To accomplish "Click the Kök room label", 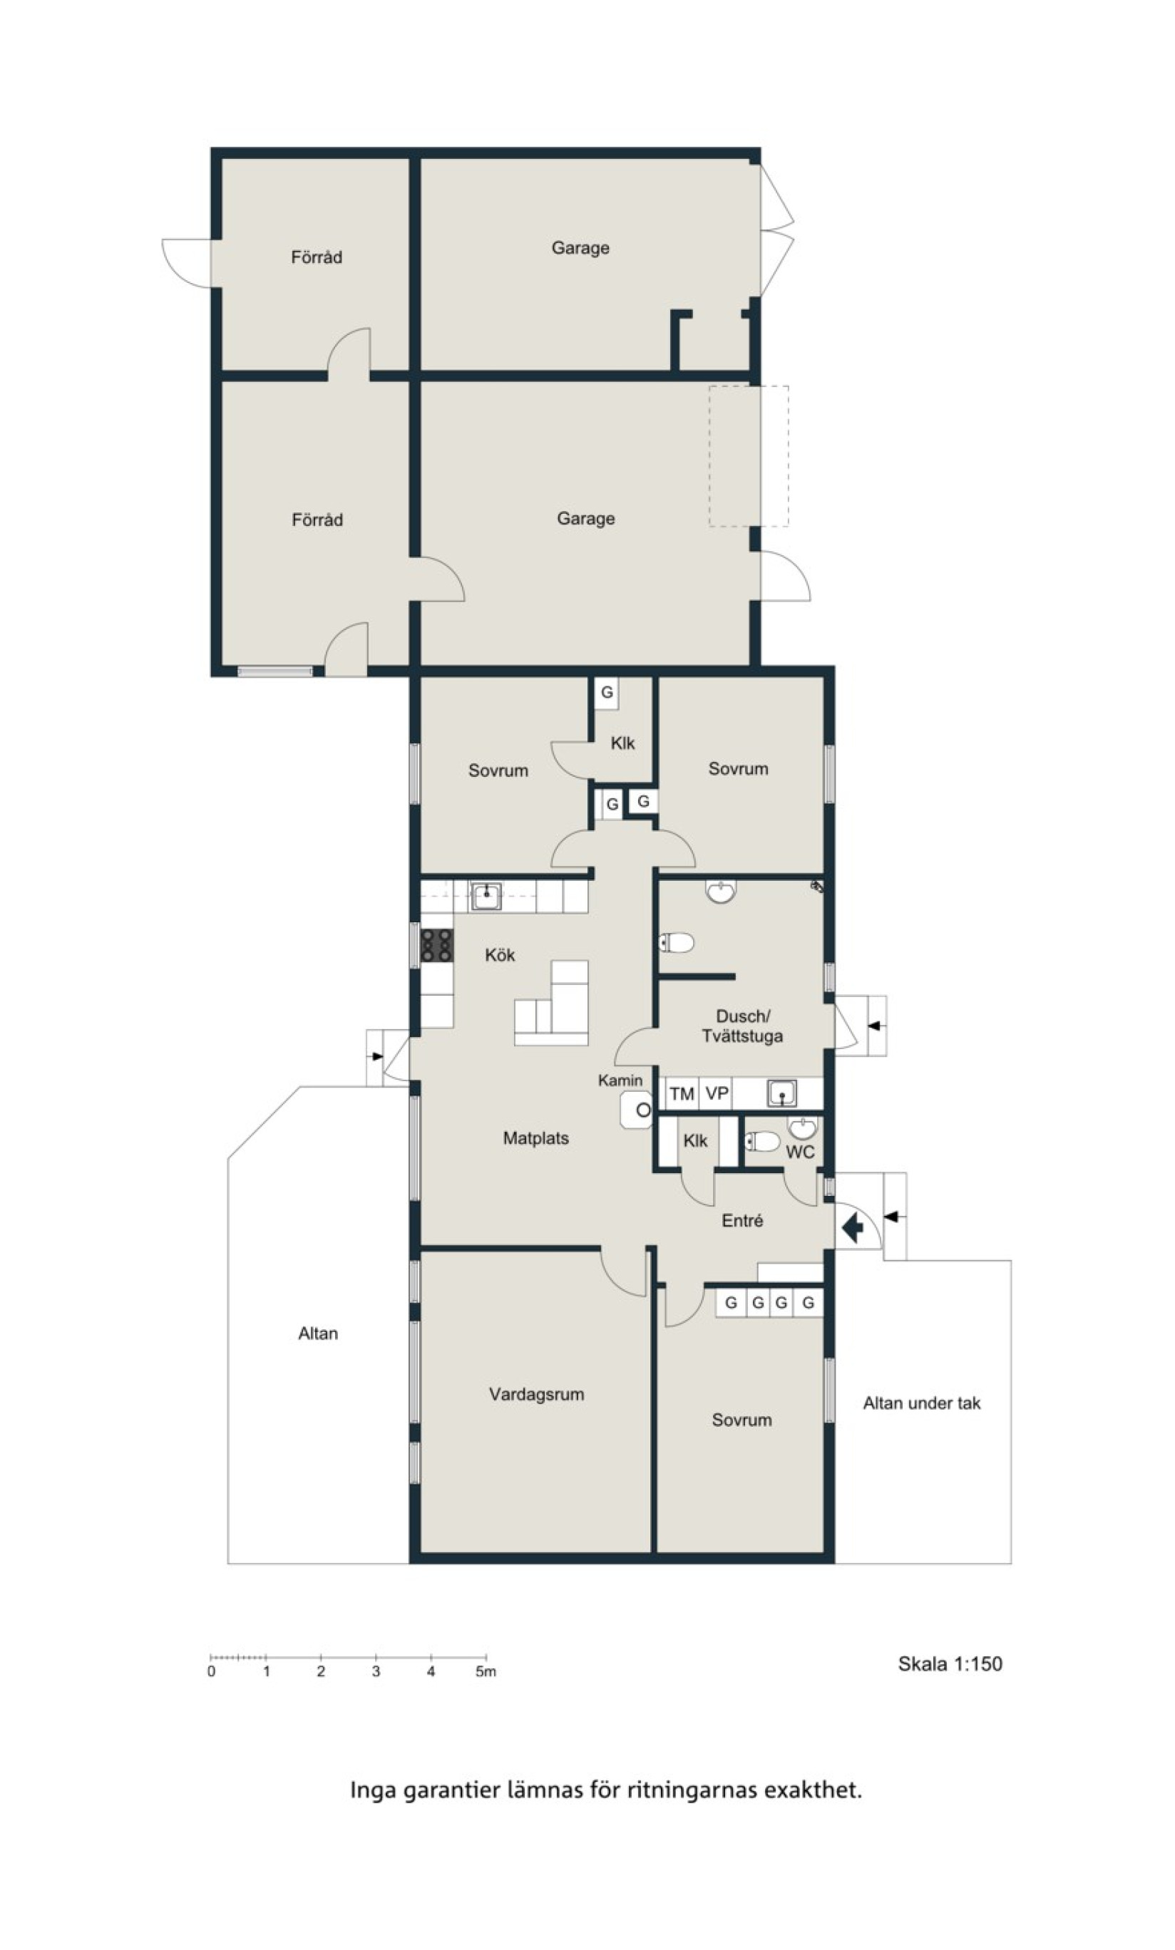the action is click(x=500, y=955).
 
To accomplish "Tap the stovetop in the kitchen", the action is click(x=436, y=945).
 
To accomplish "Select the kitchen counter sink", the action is click(x=486, y=897).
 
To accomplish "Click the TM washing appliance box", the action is click(x=681, y=1094).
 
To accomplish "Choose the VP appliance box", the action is click(x=716, y=1094).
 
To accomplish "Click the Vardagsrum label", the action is click(x=536, y=1395).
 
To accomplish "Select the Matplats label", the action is click(x=536, y=1138).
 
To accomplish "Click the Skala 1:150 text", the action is click(x=950, y=1663).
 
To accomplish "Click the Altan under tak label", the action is click(x=922, y=1403).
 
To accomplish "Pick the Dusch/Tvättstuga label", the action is click(x=743, y=1026).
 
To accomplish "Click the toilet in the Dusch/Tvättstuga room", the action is click(x=676, y=942).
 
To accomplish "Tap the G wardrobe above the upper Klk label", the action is click(x=607, y=693).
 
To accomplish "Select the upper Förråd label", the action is click(x=317, y=257).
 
